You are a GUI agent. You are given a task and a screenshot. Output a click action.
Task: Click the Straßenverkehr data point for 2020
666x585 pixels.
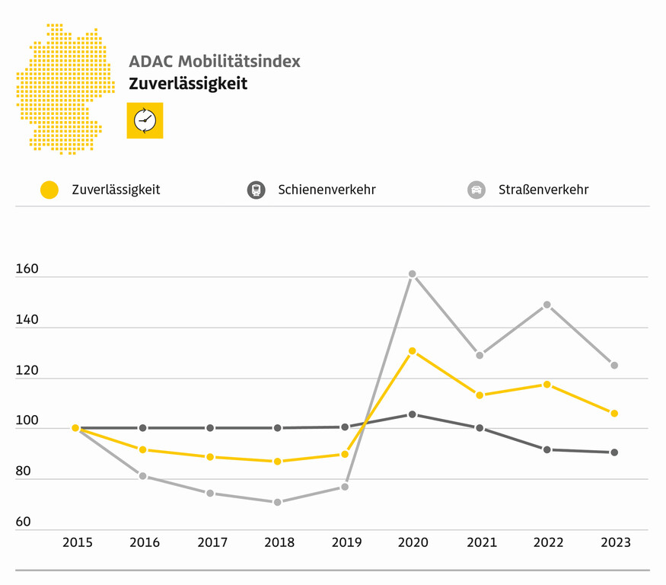click(412, 273)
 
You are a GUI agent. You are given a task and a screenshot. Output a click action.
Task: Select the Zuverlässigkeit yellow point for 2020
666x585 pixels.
click(412, 351)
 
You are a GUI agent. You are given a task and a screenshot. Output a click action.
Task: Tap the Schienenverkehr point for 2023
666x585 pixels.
click(614, 452)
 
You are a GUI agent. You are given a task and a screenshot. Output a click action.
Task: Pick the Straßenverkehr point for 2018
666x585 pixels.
click(277, 502)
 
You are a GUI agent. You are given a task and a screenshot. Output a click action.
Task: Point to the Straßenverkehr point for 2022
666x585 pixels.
click(547, 305)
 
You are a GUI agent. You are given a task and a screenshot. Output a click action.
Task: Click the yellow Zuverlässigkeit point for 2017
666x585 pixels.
click(210, 457)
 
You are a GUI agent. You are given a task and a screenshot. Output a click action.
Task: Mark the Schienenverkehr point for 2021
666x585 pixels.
click(480, 428)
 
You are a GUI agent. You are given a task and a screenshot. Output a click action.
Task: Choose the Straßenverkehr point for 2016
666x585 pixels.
click(142, 476)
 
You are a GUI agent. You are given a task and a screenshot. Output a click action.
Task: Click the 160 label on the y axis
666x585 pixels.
click(27, 270)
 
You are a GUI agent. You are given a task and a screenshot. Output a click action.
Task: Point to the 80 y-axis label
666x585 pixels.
click(23, 472)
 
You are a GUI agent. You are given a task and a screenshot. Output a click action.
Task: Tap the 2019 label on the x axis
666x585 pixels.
click(347, 543)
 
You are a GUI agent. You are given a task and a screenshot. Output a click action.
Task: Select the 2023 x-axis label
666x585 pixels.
click(616, 543)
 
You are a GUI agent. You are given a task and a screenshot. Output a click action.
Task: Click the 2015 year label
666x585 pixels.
click(78, 543)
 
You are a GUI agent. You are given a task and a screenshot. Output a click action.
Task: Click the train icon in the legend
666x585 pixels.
click(256, 190)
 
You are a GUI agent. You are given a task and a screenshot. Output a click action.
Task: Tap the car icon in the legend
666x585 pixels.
click(476, 190)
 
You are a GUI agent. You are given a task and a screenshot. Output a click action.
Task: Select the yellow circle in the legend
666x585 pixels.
click(49, 190)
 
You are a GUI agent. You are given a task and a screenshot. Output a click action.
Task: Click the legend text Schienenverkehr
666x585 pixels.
click(327, 190)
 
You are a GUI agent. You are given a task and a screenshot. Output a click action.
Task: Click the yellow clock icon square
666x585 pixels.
click(145, 120)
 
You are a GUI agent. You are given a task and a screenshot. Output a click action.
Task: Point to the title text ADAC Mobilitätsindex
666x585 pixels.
click(215, 61)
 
